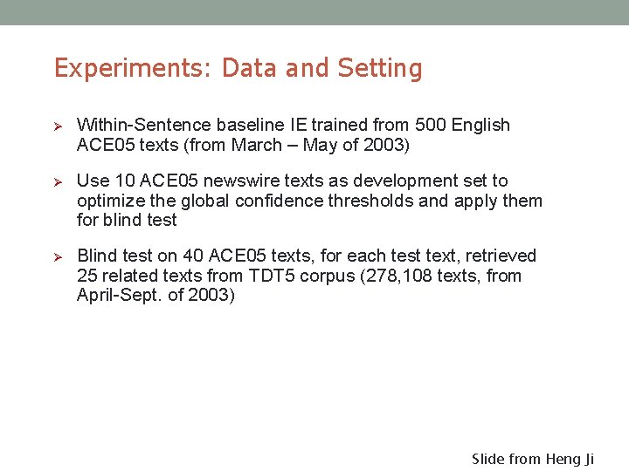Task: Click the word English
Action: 480,125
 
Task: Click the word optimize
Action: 109,201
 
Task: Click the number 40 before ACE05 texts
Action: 193,256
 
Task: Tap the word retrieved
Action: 501,256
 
